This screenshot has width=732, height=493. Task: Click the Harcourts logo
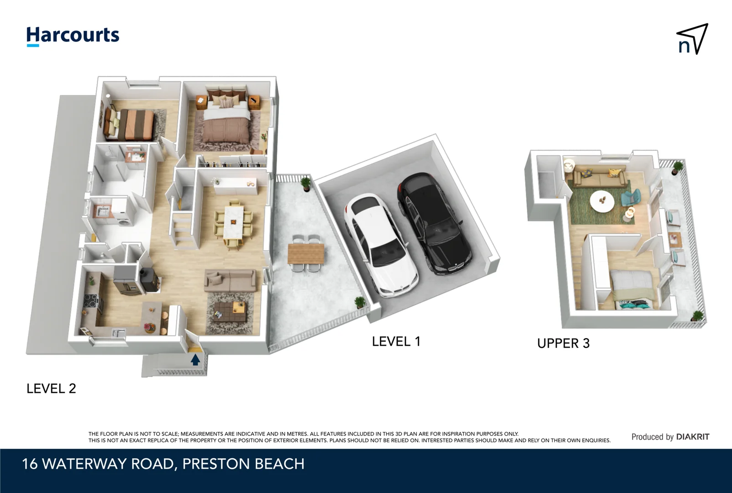73,36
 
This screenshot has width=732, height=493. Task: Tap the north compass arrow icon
692,39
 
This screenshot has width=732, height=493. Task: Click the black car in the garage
433,223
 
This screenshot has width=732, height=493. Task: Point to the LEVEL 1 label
396,341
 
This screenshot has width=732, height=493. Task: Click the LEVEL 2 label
51,388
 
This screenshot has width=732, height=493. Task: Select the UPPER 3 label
563,343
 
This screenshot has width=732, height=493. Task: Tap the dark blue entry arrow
195,360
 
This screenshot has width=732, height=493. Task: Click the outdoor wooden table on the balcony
305,253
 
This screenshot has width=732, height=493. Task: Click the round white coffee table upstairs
602,201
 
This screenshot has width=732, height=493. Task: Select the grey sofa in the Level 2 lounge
230,280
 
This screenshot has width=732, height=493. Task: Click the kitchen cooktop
90,302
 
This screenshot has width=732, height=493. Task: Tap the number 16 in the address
30,464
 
